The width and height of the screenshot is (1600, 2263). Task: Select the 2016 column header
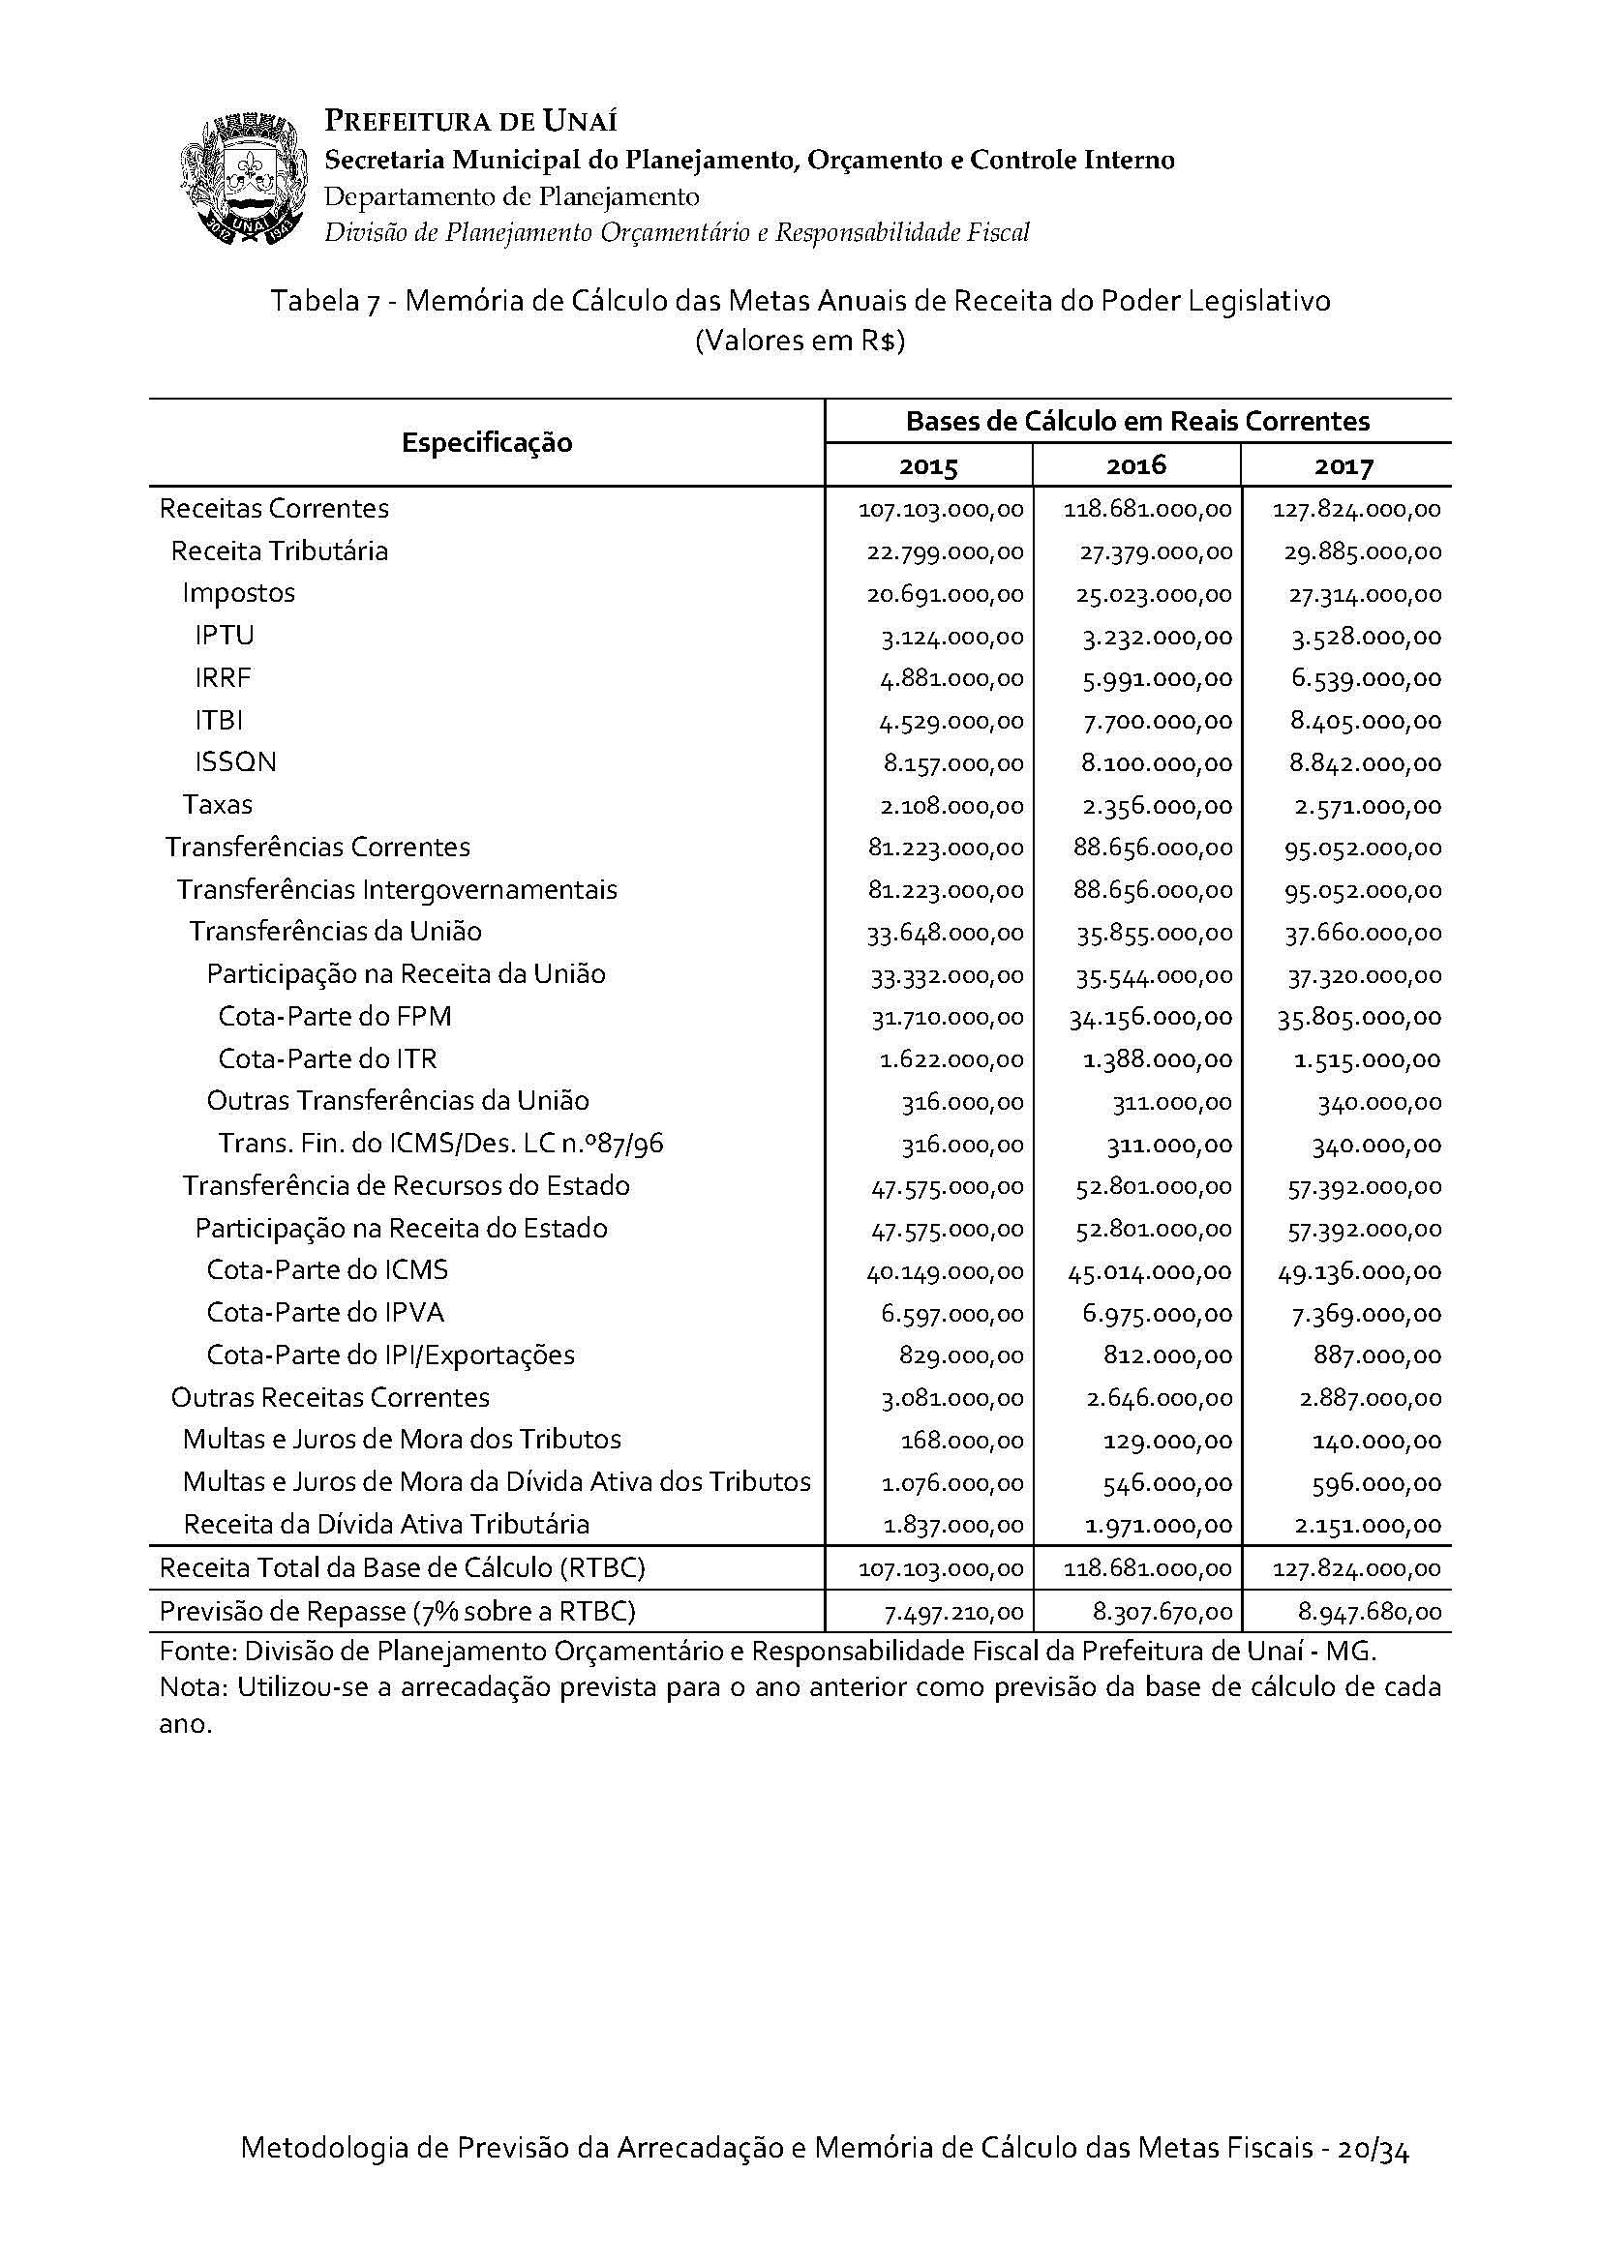point(1135,465)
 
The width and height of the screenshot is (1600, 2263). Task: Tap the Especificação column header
point(486,442)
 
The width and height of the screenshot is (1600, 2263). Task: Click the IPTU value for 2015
point(951,638)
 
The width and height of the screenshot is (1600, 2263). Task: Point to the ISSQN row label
point(235,761)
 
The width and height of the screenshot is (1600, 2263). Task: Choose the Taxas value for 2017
point(1368,806)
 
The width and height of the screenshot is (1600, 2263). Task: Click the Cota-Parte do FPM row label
point(334,1016)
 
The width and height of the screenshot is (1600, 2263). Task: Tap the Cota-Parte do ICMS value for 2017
point(1359,1272)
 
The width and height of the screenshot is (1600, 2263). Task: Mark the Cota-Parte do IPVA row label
point(325,1313)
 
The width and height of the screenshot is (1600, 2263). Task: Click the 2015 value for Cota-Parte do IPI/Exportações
point(961,1356)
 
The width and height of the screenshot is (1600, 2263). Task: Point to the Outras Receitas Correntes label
point(330,1398)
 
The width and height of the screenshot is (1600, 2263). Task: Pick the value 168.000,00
point(962,1441)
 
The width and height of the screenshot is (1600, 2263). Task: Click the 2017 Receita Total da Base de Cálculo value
point(1356,1569)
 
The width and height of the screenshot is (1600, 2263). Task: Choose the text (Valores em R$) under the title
point(800,342)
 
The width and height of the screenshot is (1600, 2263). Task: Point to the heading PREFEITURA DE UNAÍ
point(471,122)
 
